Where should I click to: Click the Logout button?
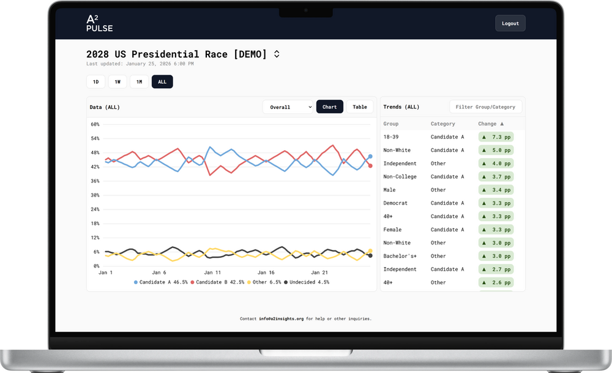(x=510, y=23)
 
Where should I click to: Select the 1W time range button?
(x=118, y=81)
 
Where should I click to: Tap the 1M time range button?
(x=139, y=81)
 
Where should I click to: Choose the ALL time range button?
(x=162, y=81)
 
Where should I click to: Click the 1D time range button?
(x=95, y=81)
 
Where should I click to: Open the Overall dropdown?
(x=288, y=107)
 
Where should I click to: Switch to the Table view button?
(x=360, y=107)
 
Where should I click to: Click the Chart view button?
(x=329, y=107)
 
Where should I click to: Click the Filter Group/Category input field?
(x=486, y=107)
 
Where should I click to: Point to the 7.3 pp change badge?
(x=496, y=137)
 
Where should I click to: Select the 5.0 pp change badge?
(x=496, y=150)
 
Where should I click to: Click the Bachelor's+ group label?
(x=400, y=256)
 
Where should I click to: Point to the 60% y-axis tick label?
(x=95, y=124)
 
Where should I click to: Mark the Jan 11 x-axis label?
(x=212, y=272)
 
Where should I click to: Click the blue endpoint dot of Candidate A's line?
(x=370, y=157)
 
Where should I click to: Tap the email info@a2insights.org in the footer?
(x=281, y=318)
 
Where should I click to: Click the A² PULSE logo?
(x=99, y=23)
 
